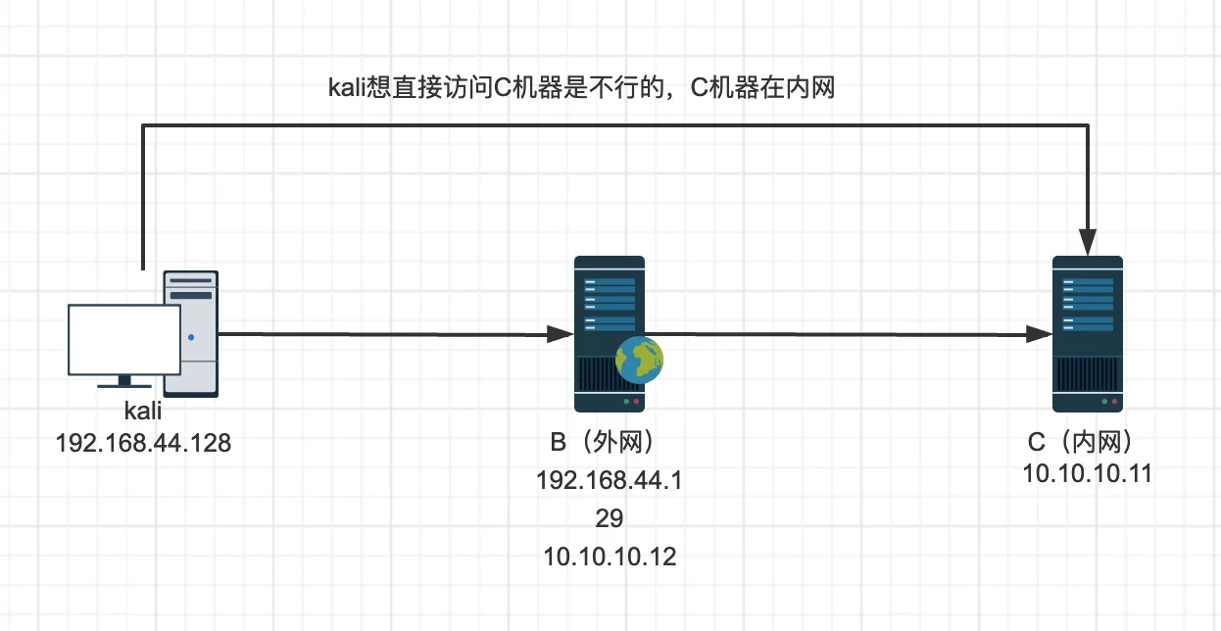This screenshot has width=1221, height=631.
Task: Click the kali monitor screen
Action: [x=124, y=340]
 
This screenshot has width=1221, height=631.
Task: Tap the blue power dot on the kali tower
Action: [x=191, y=337]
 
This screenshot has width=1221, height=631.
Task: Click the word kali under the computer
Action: [x=143, y=411]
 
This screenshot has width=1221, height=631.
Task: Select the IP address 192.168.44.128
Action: [x=143, y=443]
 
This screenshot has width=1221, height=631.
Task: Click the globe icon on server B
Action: [x=639, y=361]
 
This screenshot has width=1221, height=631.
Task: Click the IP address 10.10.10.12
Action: [x=610, y=557]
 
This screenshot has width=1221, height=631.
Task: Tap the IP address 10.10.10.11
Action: [x=1088, y=473]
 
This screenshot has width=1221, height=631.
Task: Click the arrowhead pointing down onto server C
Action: [x=1088, y=242]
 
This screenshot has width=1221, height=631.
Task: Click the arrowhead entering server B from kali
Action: [x=560, y=334]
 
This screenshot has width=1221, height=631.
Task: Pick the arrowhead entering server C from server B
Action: [x=1039, y=334]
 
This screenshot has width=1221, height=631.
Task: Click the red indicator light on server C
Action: [x=1114, y=402]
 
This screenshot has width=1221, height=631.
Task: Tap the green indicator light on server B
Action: [x=626, y=402]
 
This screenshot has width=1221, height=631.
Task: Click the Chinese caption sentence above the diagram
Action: [x=582, y=88]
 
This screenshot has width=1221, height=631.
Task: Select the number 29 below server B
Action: [x=610, y=518]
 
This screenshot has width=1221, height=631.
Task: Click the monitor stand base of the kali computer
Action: [x=124, y=386]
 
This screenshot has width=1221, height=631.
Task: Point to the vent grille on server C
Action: [x=1088, y=374]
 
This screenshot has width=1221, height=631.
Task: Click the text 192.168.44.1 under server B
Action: [x=610, y=481]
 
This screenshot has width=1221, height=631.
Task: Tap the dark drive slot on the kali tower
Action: [x=191, y=295]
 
